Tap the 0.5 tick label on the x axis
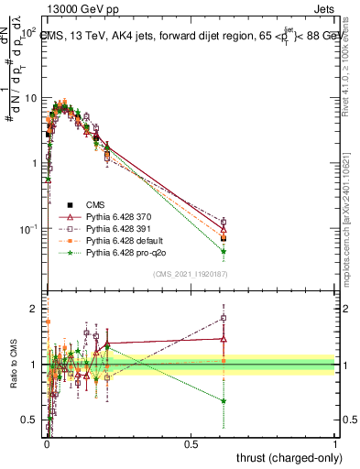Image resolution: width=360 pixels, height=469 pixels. pyautogui.click(x=191, y=442)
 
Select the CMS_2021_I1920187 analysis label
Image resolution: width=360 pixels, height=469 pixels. pyautogui.click(x=191, y=274)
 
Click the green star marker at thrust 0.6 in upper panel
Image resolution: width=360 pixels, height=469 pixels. pyautogui.click(x=224, y=251)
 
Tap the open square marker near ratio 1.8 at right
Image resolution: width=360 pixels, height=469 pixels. pyautogui.click(x=224, y=319)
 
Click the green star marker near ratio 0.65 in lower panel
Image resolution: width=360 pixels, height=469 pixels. pyautogui.click(x=224, y=400)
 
